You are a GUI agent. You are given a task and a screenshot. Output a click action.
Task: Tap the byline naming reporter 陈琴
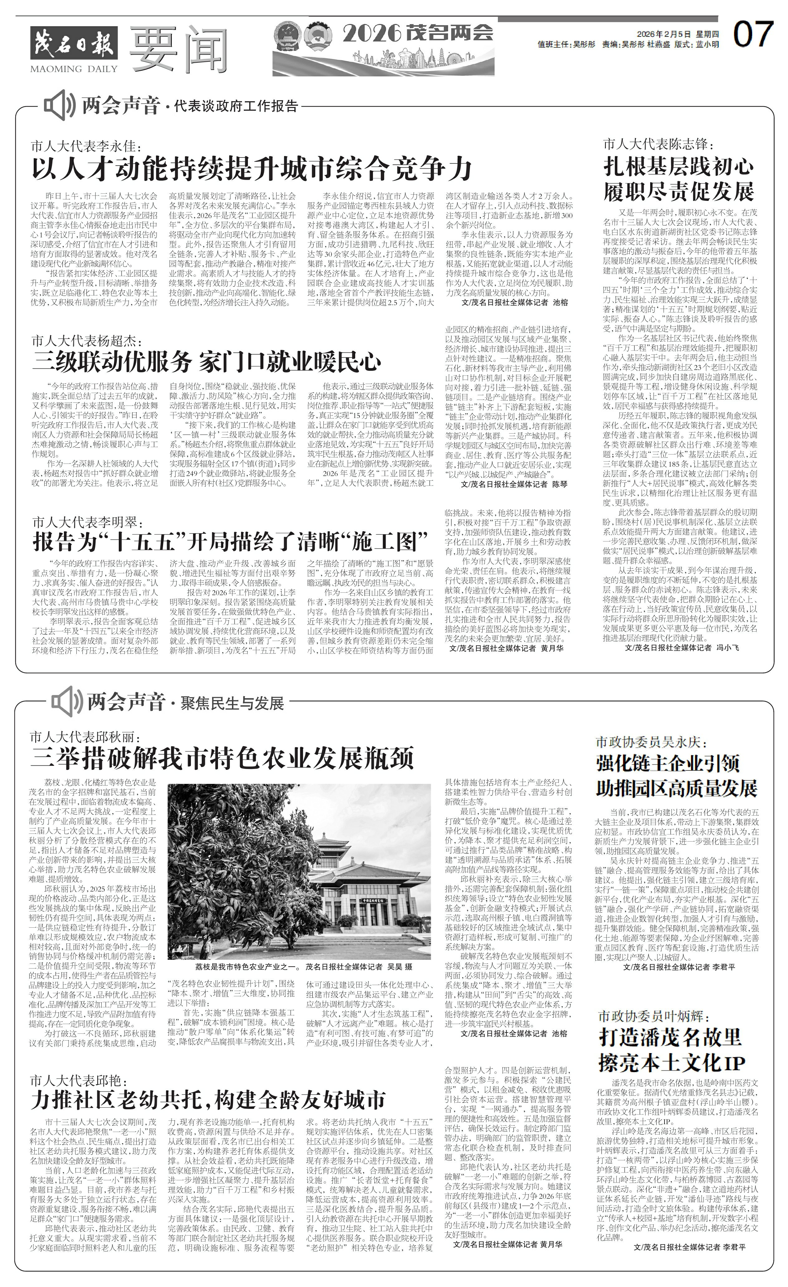[514, 484]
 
